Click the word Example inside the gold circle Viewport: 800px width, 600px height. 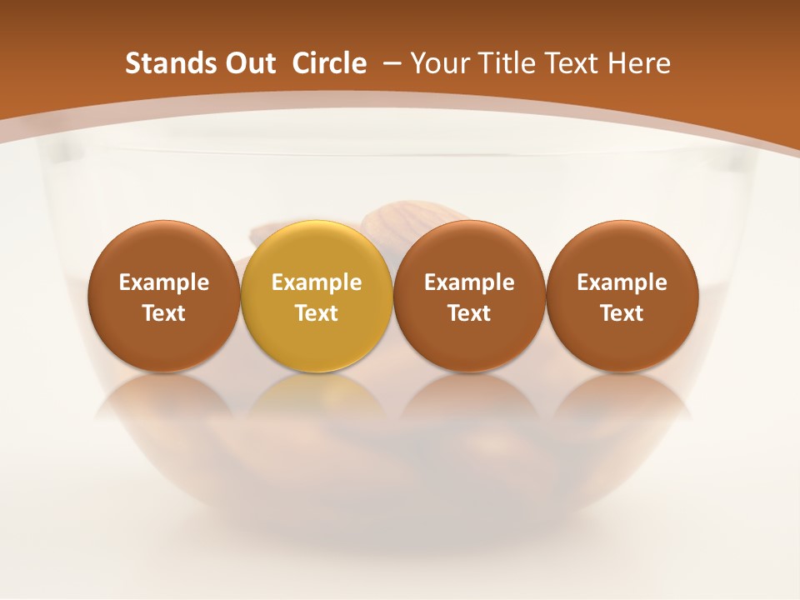[x=317, y=282]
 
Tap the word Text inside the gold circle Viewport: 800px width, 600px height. [x=317, y=313]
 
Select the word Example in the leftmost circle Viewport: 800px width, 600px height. [x=164, y=282]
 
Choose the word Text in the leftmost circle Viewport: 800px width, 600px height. [x=164, y=313]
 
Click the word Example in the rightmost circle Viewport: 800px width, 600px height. [x=622, y=282]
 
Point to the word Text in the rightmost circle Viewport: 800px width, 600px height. [x=622, y=313]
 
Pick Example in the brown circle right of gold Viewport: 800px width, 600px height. [x=469, y=282]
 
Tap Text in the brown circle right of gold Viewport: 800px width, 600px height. [x=469, y=313]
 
